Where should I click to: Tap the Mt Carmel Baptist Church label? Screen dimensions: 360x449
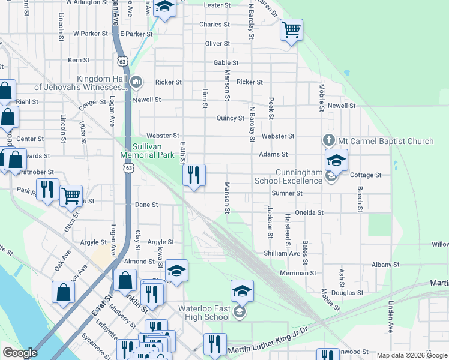[385, 142]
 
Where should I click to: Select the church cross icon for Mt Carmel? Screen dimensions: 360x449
[329, 140]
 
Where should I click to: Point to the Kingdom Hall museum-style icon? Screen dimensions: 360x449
[136, 82]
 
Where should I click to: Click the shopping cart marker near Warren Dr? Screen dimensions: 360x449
[291, 29]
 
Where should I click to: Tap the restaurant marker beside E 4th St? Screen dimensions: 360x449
[194, 175]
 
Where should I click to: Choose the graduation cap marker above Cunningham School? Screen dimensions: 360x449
[336, 160]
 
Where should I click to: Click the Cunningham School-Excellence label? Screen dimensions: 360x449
[290, 176]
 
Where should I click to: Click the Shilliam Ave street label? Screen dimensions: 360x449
[282, 253]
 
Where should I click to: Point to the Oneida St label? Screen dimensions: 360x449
[310, 212]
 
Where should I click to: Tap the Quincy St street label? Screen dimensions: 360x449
[231, 118]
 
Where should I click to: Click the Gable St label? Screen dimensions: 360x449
[226, 63]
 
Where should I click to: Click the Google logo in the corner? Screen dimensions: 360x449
[19, 353]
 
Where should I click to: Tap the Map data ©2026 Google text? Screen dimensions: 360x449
[411, 355]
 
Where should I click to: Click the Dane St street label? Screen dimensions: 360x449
[146, 205]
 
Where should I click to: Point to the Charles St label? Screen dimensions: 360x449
[214, 25]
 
